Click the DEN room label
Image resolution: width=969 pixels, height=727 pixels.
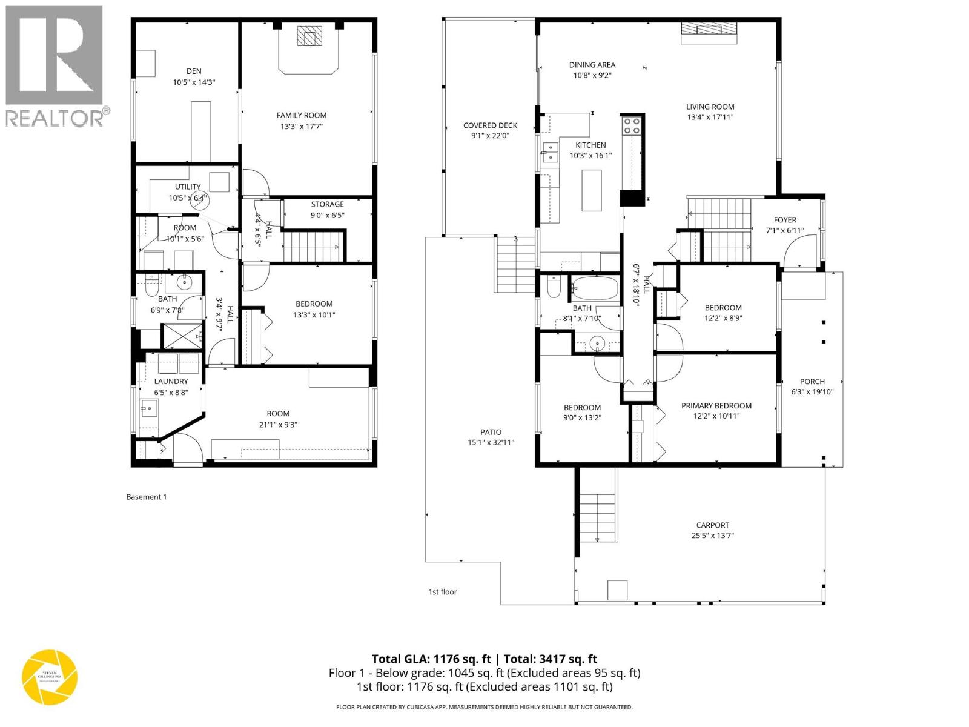click(194, 71)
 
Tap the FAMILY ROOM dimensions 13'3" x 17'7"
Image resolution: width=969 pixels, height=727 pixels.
click(301, 127)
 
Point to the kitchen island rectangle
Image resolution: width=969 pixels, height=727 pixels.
click(591, 190)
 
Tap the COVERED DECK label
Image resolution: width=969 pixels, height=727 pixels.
click(490, 125)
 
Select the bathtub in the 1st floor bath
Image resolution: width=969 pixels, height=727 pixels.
click(595, 287)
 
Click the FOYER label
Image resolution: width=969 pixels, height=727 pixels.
click(785, 220)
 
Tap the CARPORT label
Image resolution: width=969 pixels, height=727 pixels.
click(712, 525)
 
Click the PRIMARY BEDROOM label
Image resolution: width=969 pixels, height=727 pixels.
click(716, 406)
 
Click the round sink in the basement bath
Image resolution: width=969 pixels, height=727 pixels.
click(184, 282)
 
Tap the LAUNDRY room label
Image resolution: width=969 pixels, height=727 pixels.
click(171, 381)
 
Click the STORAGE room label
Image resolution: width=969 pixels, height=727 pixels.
click(327, 204)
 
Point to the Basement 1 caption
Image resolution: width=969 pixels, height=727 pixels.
click(146, 497)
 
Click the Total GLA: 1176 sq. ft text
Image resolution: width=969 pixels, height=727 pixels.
click(431, 659)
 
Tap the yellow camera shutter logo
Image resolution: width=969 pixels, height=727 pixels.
click(50, 676)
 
